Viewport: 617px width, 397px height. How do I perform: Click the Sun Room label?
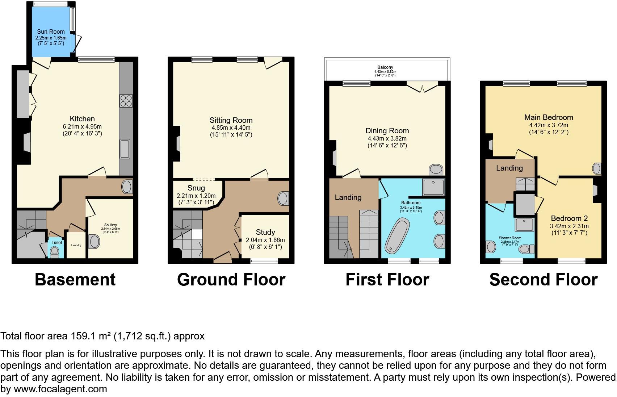pos(51,32)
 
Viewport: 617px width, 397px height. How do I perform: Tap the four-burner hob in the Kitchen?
pos(126,100)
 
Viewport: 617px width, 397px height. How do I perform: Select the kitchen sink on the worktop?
pos(125,149)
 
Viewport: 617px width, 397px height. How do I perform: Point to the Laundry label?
pos(76,245)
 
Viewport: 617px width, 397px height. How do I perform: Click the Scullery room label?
pos(110,225)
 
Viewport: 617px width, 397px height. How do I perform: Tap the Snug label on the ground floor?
pos(196,188)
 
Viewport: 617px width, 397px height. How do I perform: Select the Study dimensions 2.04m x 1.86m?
pos(265,240)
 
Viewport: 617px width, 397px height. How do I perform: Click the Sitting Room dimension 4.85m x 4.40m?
pos(231,128)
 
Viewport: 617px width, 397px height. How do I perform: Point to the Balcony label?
pos(385,67)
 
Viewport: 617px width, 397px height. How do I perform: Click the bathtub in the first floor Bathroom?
pos(397,235)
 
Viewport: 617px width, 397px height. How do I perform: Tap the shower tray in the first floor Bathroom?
pos(433,187)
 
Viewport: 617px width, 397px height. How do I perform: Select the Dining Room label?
pos(387,131)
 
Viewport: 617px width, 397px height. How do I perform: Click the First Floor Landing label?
pos(348,197)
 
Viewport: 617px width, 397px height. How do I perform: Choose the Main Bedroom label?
pos(549,117)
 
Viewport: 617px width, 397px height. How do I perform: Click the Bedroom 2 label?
pos(569,218)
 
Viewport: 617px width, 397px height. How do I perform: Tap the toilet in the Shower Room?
pos(528,249)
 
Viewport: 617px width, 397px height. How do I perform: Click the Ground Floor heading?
pos(231,280)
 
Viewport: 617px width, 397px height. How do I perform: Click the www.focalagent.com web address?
pos(60,389)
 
